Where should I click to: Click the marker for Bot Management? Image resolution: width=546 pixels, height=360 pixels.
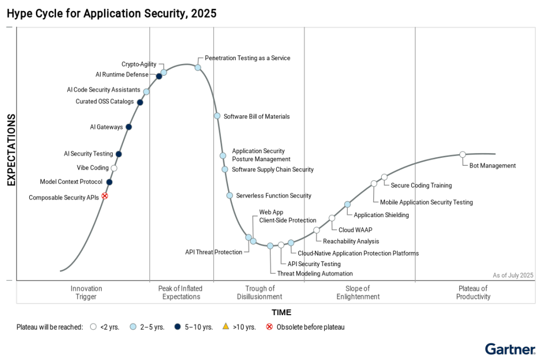(462, 155)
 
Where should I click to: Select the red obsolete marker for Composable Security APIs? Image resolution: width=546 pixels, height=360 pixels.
(105, 196)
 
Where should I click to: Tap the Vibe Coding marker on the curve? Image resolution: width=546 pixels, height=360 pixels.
(114, 168)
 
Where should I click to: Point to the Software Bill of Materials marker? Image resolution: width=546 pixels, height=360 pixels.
(217, 116)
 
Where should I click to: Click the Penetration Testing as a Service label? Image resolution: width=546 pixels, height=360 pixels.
(247, 58)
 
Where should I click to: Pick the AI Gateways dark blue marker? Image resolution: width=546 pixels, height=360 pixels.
(129, 127)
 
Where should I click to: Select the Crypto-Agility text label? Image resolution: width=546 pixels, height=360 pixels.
(139, 65)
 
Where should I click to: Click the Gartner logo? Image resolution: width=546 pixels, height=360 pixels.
(510, 350)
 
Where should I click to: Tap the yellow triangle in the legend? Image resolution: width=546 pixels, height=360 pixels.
(225, 326)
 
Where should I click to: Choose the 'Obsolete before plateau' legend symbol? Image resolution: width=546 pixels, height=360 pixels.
(269, 326)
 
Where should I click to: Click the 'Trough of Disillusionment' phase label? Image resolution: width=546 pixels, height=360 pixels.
(260, 293)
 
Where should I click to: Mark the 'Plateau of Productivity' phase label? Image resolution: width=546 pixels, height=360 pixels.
(473, 293)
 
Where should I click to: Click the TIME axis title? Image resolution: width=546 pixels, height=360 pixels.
(282, 313)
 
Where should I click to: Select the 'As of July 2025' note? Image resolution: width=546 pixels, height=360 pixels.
(512, 275)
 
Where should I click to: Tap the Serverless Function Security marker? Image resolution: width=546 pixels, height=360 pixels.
(229, 196)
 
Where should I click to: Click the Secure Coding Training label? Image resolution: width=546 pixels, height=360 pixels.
(421, 186)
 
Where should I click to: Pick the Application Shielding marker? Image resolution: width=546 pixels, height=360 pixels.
(347, 204)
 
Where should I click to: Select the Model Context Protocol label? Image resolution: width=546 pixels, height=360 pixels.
(71, 182)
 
